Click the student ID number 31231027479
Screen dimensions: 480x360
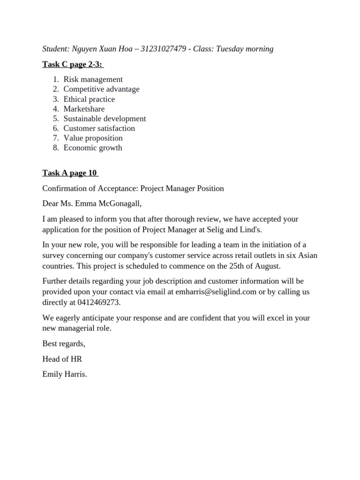pos(161,49)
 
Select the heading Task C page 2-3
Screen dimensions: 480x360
pos(73,64)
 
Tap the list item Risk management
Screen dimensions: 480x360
pos(93,79)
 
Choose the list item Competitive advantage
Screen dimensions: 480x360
pos(101,89)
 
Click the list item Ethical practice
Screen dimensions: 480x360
pos(89,99)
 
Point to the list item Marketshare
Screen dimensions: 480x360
pos(84,109)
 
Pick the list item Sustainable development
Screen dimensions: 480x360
pos(105,119)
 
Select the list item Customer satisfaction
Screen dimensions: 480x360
pos(99,128)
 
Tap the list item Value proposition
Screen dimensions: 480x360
pos(93,138)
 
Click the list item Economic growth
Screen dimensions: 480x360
pos(93,148)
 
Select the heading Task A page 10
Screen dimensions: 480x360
pos(70,173)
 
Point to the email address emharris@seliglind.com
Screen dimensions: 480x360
pos(216,292)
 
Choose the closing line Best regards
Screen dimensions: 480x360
pos(64,344)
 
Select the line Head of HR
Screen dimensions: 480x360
pos(62,359)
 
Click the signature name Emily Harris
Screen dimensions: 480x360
pos(65,375)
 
